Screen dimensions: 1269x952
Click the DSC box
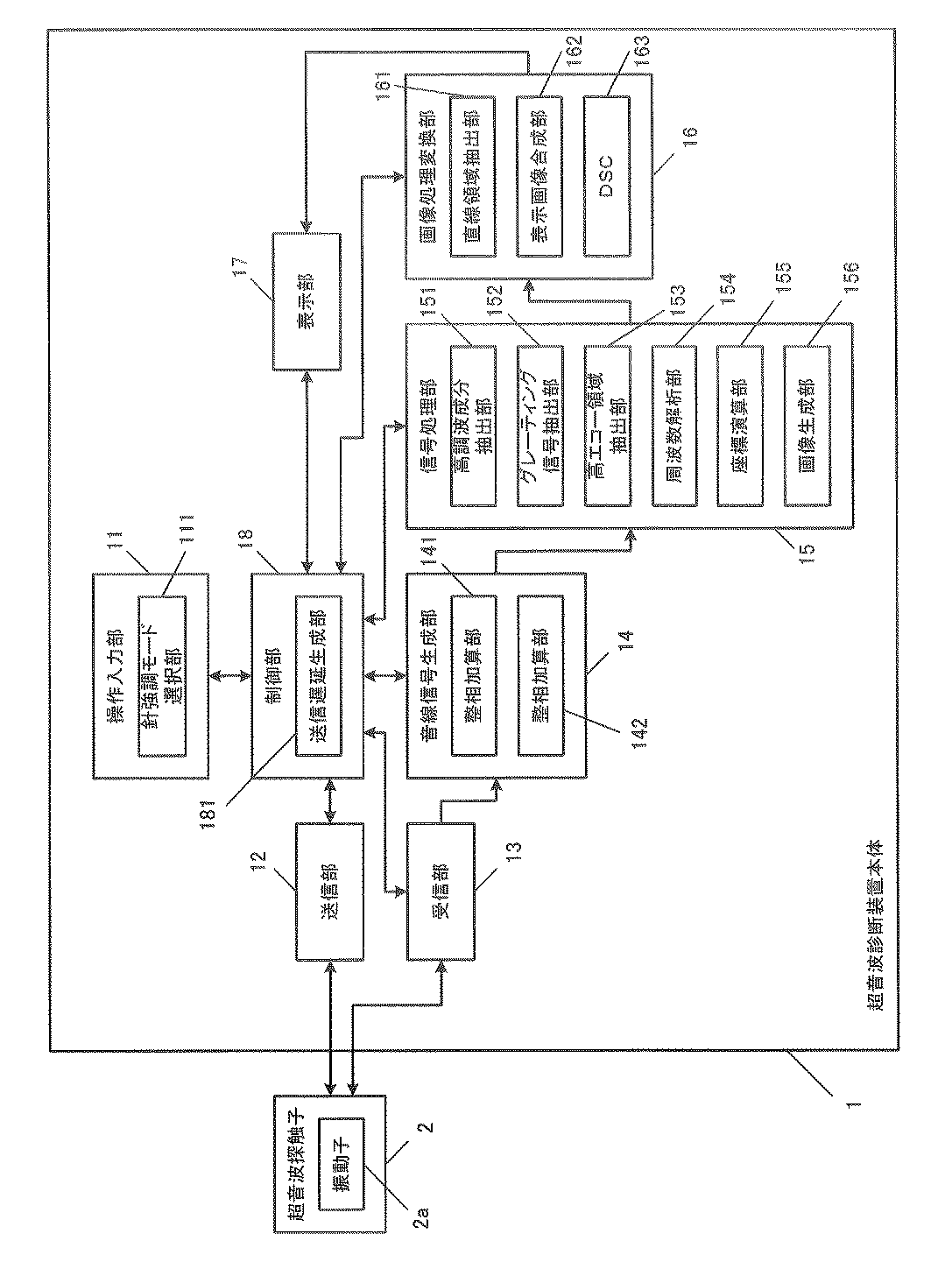[x=606, y=175]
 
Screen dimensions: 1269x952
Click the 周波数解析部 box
[x=674, y=426]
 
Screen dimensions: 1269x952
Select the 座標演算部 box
[x=740, y=426]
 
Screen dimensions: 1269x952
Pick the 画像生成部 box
[x=807, y=426]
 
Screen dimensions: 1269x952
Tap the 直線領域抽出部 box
[x=472, y=175]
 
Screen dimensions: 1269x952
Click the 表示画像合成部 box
[x=539, y=175]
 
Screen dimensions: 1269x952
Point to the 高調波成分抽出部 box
[x=472, y=426]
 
